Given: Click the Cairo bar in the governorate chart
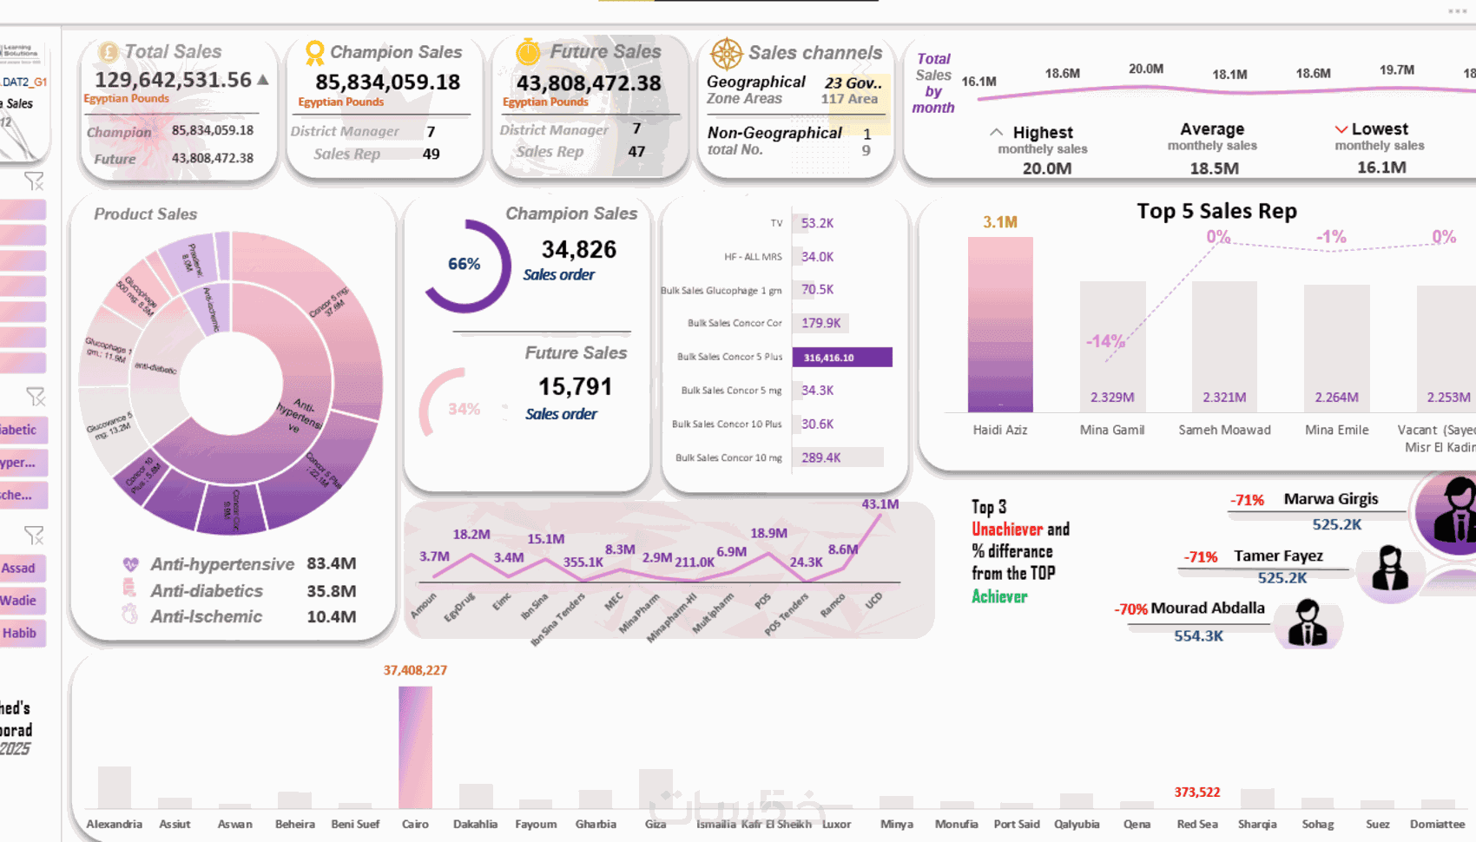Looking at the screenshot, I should tap(415, 747).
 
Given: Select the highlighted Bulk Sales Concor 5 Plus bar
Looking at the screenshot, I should tap(841, 358).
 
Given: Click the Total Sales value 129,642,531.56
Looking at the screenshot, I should tap(173, 80).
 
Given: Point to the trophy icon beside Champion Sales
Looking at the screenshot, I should tap(314, 53).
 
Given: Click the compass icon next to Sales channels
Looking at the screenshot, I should tap(726, 54).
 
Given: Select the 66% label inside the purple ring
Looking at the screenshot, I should tap(464, 264).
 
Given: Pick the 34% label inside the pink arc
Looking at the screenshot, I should tap(464, 409).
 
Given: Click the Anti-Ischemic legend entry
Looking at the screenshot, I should tap(206, 616).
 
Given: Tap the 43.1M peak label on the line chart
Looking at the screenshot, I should tap(880, 504).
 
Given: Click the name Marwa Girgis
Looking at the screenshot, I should tap(1330, 499).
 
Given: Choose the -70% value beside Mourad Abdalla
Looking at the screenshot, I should tap(1130, 609).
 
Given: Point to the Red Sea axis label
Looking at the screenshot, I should tap(1197, 824).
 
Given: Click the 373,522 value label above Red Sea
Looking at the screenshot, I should tap(1196, 793).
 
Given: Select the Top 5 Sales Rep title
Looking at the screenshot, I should tap(1216, 211).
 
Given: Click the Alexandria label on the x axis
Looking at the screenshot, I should tap(114, 824).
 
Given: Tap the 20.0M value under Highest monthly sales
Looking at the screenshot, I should tap(1046, 168).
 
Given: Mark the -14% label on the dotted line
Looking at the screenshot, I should tap(1104, 341).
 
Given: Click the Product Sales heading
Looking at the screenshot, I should tap(145, 214).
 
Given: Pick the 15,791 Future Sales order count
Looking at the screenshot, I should tap(575, 387).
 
